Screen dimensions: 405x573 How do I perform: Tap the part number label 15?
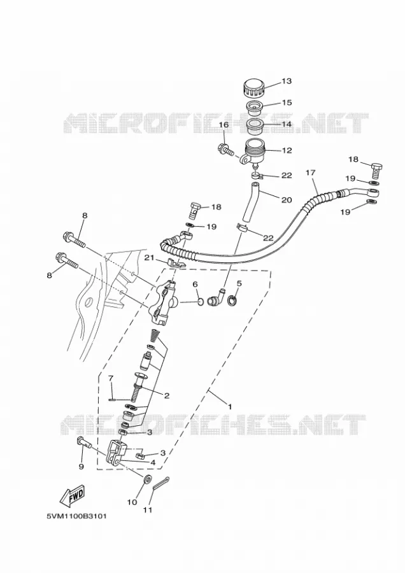pos(287,103)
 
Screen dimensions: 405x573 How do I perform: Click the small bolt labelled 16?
pos(225,149)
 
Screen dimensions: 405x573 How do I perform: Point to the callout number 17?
pos(310,173)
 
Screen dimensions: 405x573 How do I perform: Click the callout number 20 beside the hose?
pos(287,200)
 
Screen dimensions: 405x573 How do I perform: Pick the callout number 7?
pos(111,378)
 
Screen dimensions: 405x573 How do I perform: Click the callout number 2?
pos(167,395)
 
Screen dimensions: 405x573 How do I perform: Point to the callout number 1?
pos(230,406)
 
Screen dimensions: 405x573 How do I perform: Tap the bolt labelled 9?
pos(85,444)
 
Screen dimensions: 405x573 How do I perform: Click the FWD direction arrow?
pos(73,495)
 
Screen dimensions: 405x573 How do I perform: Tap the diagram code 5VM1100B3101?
pos(76,517)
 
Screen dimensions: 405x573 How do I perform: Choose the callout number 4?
pos(153,462)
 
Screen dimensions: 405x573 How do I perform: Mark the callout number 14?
pos(287,124)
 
